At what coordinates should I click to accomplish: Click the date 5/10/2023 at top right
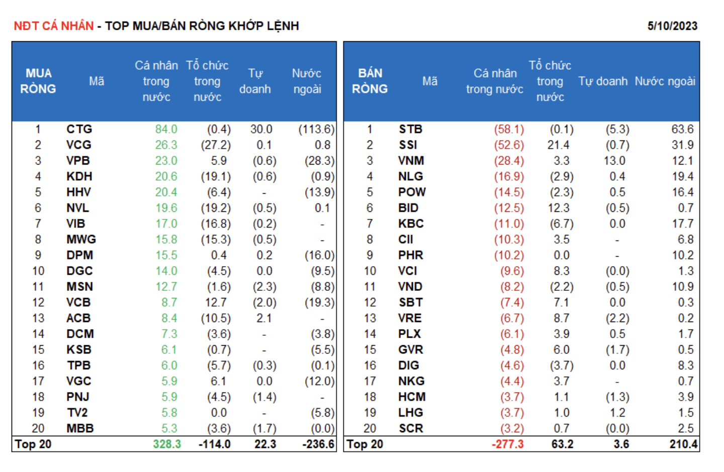[x=672, y=26]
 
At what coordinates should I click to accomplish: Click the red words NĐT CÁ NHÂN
[x=54, y=26]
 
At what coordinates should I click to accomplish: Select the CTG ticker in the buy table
[x=79, y=129]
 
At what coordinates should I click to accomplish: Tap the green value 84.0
[x=166, y=129]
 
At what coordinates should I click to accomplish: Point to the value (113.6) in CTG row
[x=316, y=129]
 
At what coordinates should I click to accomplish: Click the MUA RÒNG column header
[x=38, y=81]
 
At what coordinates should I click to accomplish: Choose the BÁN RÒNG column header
[x=370, y=81]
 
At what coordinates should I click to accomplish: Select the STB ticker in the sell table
[x=410, y=129]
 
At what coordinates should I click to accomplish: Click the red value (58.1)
[x=509, y=129]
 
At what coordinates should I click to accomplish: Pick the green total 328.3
[x=167, y=444]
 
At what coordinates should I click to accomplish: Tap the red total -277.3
[x=508, y=444]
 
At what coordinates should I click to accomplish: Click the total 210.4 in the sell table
[x=684, y=444]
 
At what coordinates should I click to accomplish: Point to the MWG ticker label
[x=81, y=240]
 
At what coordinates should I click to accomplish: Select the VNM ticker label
[x=411, y=161]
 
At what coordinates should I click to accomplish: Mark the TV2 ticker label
[x=77, y=413]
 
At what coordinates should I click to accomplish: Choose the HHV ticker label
[x=78, y=192]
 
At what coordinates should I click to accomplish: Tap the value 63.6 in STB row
[x=682, y=129]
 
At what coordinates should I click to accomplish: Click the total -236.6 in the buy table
[x=318, y=444]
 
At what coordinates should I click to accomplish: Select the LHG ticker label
[x=410, y=413]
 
